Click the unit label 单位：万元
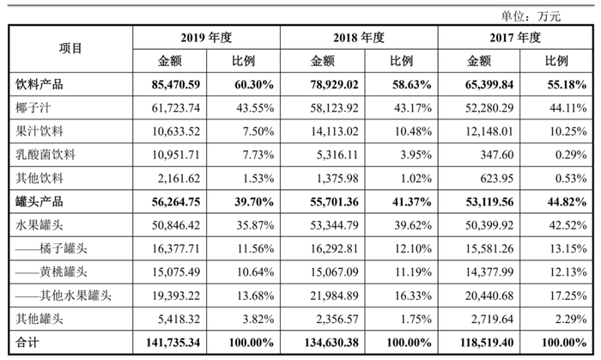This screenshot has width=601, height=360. (531, 15)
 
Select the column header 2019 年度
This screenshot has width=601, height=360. (207, 38)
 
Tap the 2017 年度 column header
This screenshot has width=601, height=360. (515, 38)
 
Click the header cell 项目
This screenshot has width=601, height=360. (70, 49)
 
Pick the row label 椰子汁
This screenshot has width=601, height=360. (33, 108)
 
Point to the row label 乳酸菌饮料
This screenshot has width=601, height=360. (46, 156)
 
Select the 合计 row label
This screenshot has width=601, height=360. (27, 343)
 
